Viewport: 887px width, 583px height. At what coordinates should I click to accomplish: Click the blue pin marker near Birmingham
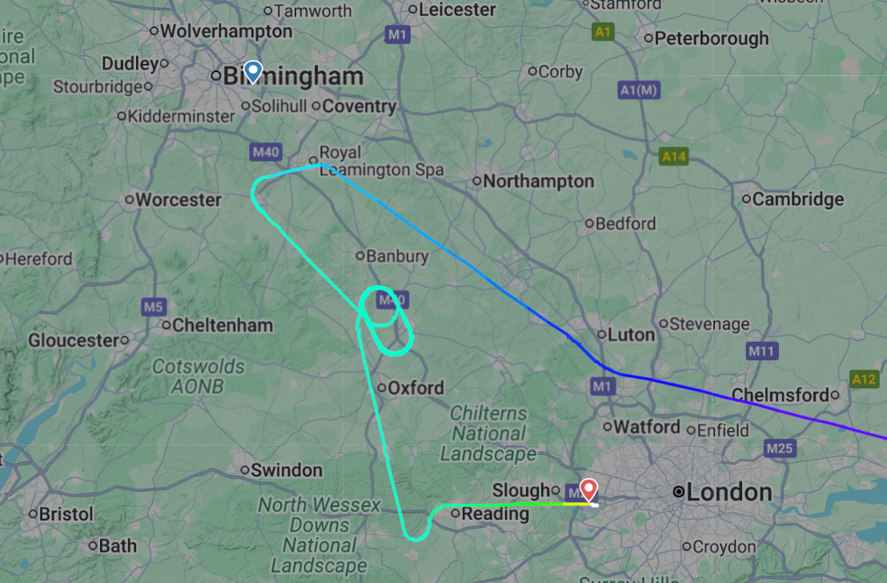coord(253,72)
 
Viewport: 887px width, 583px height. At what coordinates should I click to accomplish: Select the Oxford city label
coord(415,388)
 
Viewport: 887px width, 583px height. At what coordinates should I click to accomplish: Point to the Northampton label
coord(538,182)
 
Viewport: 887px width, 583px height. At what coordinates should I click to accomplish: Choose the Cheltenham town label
coord(223,326)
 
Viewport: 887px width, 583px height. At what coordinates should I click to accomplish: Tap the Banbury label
coord(396,257)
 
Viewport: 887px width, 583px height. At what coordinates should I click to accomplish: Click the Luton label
coord(631,335)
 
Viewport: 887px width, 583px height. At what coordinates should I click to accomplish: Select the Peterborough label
coord(712,38)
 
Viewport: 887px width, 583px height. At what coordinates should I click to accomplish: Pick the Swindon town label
coord(287,470)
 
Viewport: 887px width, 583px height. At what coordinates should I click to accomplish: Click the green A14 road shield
coord(674,156)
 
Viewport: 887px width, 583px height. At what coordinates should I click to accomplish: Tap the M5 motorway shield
coord(153,307)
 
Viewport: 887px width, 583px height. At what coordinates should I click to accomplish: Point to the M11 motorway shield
coord(761,351)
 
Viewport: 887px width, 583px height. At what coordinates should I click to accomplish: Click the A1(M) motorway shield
coord(639,90)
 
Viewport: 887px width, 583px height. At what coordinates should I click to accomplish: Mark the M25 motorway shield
coord(779,448)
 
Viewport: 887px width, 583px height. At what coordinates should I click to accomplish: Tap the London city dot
coord(679,492)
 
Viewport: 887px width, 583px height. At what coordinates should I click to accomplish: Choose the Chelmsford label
coord(780,395)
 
